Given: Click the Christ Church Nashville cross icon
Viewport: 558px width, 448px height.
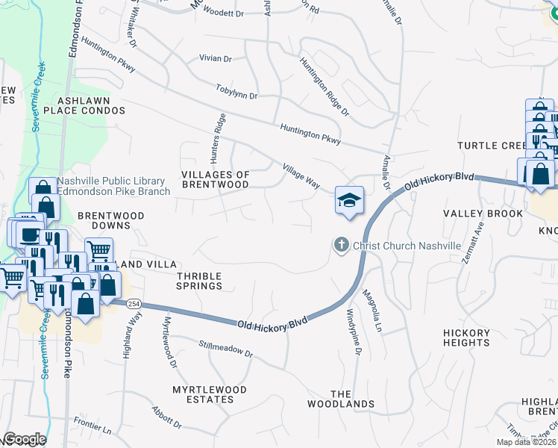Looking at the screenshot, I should (341, 245).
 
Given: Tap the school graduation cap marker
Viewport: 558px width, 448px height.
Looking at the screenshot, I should (349, 200).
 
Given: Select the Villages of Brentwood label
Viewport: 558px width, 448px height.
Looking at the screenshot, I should (216, 179).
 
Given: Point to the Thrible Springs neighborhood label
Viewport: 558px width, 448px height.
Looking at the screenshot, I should (199, 281).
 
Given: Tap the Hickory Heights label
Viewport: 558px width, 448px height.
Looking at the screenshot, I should (466, 337).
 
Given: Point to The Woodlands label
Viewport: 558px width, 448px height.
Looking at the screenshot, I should (341, 399).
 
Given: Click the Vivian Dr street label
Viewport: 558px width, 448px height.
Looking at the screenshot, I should (216, 58).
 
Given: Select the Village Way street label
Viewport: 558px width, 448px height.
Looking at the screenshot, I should (301, 176).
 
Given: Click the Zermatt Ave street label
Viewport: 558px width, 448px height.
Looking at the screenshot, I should (471, 236).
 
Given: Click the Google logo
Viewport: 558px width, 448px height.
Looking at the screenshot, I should (25, 439).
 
